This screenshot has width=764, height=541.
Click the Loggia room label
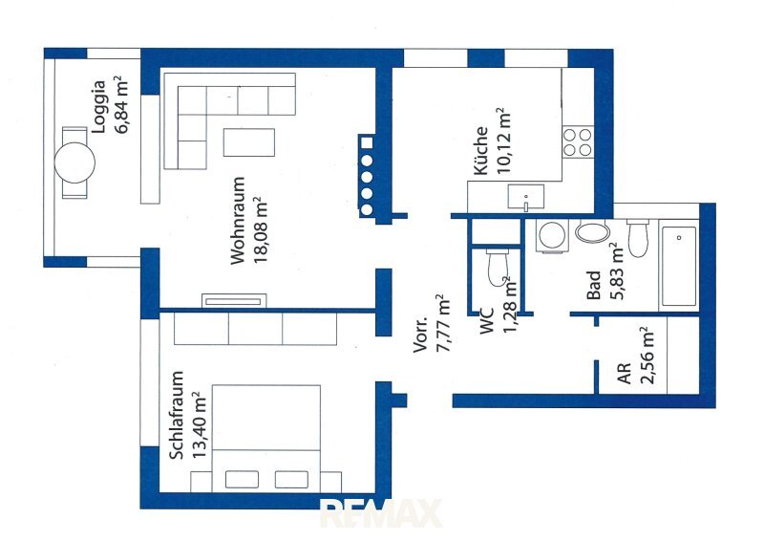(x=99, y=107)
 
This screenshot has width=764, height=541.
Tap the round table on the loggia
(x=74, y=162)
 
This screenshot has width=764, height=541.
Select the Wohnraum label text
(x=237, y=221)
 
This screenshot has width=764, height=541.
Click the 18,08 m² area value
(x=260, y=229)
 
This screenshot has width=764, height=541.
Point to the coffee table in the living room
(x=249, y=142)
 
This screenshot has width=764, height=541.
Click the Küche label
(x=480, y=150)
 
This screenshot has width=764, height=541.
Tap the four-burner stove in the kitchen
(x=578, y=142)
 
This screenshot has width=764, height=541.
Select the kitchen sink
(x=526, y=196)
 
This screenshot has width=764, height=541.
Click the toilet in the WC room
(x=497, y=268)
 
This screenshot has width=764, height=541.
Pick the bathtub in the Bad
(x=679, y=266)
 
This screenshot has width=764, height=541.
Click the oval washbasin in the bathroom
(x=592, y=231)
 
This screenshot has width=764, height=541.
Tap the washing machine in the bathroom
(x=552, y=236)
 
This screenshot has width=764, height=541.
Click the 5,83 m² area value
(x=616, y=270)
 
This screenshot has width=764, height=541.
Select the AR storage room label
(x=625, y=373)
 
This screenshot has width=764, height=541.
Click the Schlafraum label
(x=177, y=415)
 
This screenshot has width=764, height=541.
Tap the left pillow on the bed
(x=242, y=479)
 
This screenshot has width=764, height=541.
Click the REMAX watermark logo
(x=380, y=512)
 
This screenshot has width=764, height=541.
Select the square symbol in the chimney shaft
(x=367, y=143)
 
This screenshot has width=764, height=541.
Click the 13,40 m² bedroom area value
(x=200, y=425)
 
